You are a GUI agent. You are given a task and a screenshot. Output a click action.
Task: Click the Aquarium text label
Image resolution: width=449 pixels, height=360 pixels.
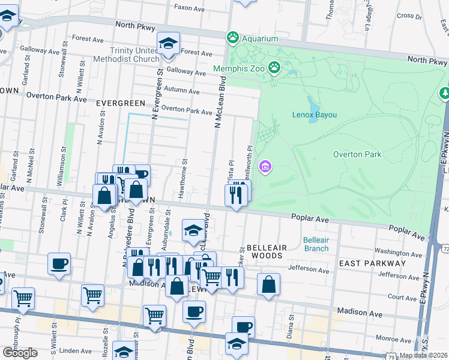261,38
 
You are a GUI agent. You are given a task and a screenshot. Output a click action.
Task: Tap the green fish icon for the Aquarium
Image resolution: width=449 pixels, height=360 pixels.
232,38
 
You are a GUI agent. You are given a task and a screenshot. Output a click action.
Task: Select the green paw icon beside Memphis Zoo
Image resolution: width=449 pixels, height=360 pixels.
275,68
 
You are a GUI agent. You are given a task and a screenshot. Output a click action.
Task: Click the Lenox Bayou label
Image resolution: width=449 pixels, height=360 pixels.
315,114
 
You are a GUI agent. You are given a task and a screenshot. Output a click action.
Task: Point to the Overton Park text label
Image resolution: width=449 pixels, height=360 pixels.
357,154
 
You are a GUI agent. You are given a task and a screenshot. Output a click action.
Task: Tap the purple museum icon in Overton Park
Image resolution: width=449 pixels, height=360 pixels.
265,166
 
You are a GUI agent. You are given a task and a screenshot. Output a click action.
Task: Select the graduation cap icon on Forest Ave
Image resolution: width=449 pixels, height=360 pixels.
169,44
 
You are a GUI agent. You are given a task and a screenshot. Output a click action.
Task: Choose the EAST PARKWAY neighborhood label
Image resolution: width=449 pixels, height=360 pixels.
364,263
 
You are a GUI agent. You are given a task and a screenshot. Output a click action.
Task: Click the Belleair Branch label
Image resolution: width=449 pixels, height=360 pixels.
316,244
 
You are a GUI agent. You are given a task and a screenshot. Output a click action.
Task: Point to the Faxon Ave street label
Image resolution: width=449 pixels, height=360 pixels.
190,8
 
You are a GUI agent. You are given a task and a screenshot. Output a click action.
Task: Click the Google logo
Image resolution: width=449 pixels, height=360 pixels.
20,353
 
